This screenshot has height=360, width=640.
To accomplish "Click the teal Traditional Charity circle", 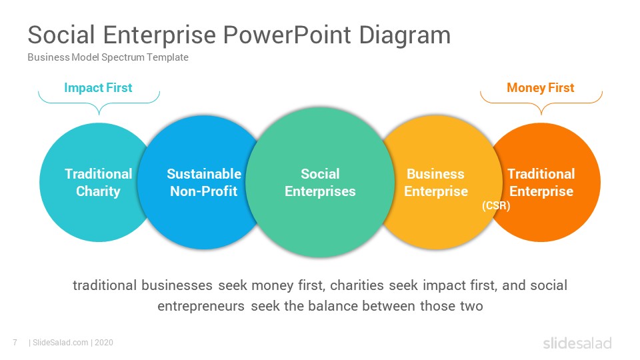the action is [x=81, y=183].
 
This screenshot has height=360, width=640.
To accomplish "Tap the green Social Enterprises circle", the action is [x=321, y=183].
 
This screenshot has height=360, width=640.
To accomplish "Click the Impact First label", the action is [x=98, y=88].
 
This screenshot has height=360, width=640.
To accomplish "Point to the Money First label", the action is [x=541, y=88].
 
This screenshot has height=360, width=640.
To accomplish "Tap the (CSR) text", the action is [x=496, y=205].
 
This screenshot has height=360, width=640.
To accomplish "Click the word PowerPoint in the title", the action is [x=287, y=35].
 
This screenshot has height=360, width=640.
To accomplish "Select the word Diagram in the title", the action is [x=405, y=36].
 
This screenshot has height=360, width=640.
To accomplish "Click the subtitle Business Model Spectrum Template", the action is [x=108, y=57].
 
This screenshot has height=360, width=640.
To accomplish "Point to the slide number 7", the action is [x=15, y=343].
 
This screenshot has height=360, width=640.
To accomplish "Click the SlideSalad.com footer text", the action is [x=60, y=343].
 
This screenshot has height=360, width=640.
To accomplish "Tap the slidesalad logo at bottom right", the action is [x=577, y=343].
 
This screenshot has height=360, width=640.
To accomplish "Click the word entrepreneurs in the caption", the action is [x=201, y=306].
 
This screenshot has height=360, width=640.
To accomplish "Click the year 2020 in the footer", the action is [x=104, y=343].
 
